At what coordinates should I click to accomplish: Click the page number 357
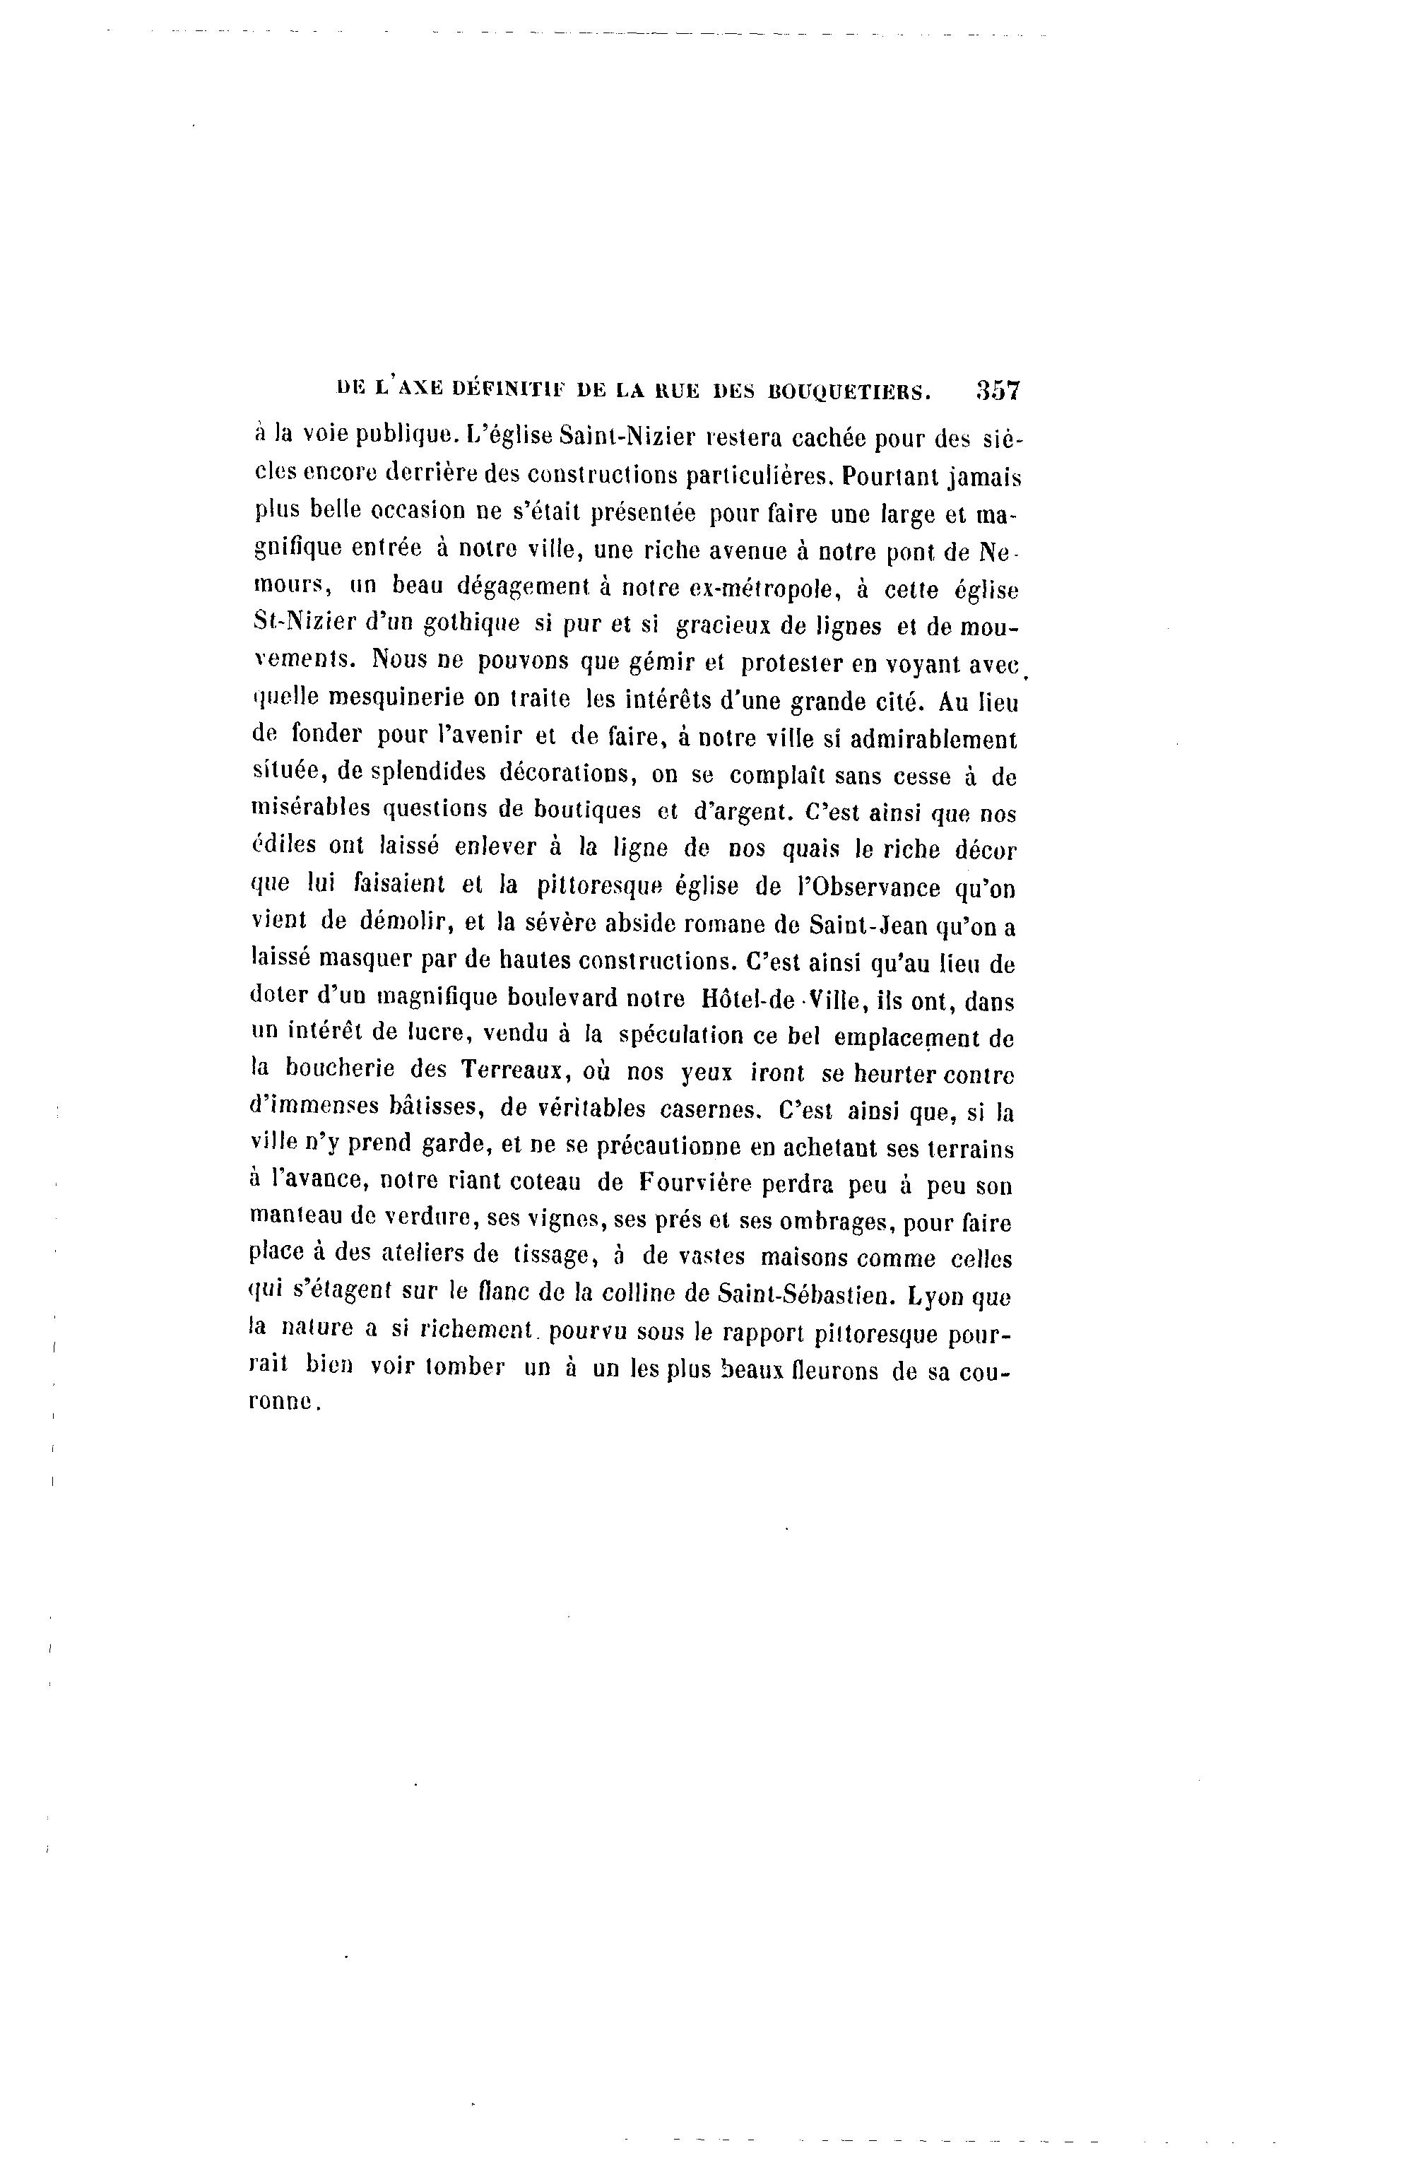pyautogui.click(x=998, y=391)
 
